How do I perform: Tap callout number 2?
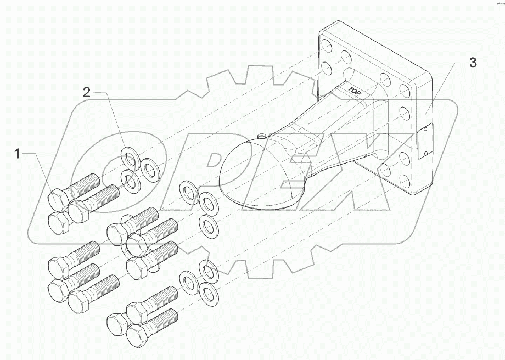(x=86, y=92)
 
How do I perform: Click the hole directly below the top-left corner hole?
(x=327, y=69)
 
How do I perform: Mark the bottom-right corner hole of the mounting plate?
(x=403, y=181)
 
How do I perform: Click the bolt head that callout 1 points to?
(x=57, y=198)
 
